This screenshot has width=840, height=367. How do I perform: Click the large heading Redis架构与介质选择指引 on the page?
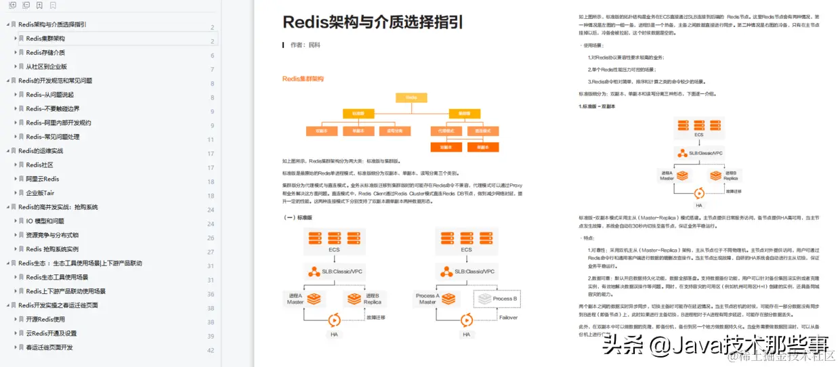point(373,22)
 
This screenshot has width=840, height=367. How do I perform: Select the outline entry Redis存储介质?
point(45,52)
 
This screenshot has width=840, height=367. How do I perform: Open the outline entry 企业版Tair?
point(40,193)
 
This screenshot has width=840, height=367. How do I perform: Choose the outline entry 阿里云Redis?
point(43,179)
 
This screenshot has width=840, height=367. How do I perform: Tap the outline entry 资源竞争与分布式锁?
point(52,235)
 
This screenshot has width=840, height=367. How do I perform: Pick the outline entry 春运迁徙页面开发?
point(49,347)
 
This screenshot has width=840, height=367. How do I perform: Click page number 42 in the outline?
point(210,350)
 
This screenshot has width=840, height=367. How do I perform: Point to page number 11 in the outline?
point(210,139)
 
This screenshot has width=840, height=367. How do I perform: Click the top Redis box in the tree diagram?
point(411,98)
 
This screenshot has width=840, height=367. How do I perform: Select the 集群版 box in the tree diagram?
point(464,113)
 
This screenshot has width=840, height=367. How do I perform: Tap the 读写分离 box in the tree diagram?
point(390,130)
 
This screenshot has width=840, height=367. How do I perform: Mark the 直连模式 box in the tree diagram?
point(482,130)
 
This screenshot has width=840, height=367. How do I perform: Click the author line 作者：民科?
point(304,45)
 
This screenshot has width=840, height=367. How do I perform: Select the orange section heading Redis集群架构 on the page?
point(303,79)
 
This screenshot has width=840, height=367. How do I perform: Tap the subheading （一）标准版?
point(298,217)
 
